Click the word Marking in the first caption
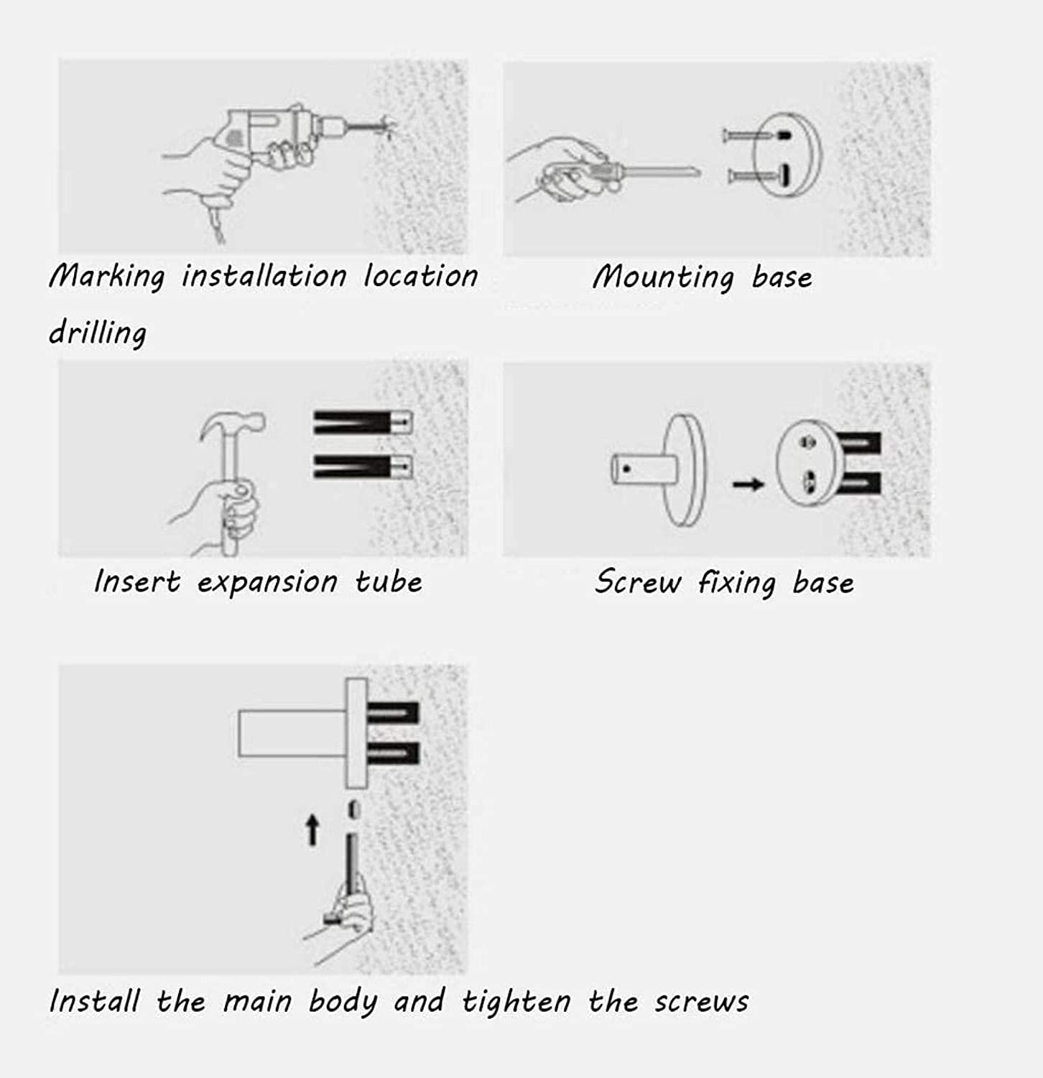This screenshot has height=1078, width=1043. point(107,277)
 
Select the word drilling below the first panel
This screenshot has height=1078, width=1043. point(98,333)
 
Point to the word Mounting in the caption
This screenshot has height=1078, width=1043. point(662,277)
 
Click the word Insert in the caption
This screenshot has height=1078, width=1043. point(137,581)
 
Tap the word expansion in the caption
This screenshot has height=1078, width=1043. point(267,582)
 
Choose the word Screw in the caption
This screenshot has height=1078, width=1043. point(637,581)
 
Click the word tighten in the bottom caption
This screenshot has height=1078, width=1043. point(516,1001)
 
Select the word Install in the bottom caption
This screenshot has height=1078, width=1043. point(94,1000)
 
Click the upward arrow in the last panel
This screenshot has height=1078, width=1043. point(312,830)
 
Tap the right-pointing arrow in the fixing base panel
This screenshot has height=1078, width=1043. point(748,484)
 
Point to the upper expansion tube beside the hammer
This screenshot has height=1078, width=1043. point(363,422)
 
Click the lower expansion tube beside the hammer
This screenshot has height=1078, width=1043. point(363,467)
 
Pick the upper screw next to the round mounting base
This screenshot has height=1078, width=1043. point(754,134)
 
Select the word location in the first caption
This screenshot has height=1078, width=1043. point(420,276)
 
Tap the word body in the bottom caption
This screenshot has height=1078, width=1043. point(343,1002)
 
